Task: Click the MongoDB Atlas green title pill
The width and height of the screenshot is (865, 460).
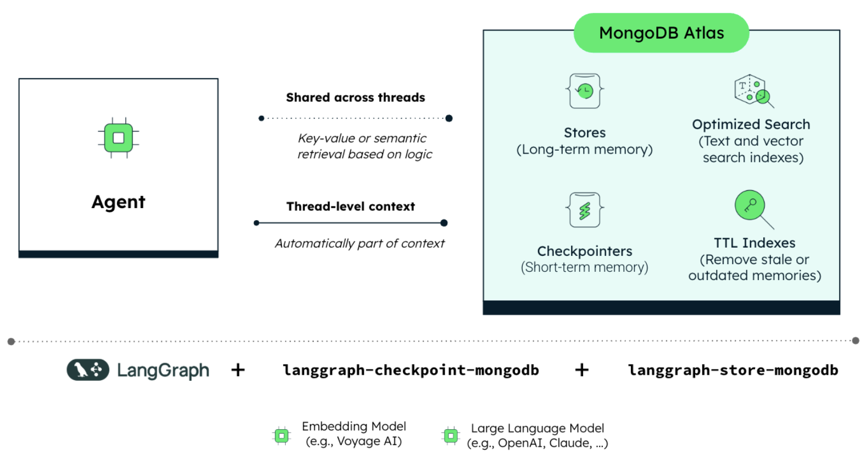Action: pos(661,33)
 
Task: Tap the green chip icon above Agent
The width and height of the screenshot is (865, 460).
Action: pos(118,138)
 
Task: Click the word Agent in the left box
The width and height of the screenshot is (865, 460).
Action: pos(118,202)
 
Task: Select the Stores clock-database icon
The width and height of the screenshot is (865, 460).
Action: pos(585,91)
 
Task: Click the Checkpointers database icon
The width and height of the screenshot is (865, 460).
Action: pos(585,210)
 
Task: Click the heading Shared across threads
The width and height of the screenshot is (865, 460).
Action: pos(355,97)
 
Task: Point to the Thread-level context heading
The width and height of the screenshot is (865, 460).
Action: pos(350,206)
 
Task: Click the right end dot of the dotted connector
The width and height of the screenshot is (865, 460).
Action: pos(449,118)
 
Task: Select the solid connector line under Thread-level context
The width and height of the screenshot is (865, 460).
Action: pos(350,223)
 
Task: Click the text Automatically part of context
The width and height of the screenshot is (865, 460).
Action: pos(359,243)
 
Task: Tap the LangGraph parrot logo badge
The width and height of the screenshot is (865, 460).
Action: pos(88,370)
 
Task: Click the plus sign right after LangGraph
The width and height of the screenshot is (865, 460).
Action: pos(238,370)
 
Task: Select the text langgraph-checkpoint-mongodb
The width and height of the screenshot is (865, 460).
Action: pos(411,370)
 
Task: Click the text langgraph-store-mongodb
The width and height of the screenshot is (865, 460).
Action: pos(733,370)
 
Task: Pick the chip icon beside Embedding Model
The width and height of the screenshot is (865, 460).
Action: pos(282,436)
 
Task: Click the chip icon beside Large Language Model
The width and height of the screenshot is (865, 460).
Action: pos(451,436)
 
